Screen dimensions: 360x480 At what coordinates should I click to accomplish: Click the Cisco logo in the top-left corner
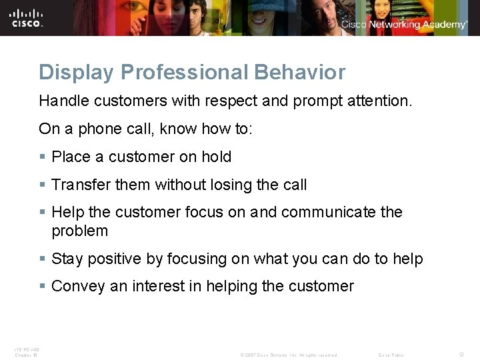click(x=27, y=17)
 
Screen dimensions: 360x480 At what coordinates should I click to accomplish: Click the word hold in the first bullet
click(x=217, y=157)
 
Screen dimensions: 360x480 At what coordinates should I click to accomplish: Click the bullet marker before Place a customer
click(x=43, y=157)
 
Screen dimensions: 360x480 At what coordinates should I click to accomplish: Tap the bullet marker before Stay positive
click(x=43, y=259)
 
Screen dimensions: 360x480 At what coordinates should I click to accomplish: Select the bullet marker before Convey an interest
click(x=43, y=287)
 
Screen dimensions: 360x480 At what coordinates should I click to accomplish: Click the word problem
click(x=79, y=231)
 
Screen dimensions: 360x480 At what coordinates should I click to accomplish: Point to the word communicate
click(x=328, y=212)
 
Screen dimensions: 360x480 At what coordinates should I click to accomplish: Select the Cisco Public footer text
click(x=391, y=355)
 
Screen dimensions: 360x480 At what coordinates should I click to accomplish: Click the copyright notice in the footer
click(x=289, y=355)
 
